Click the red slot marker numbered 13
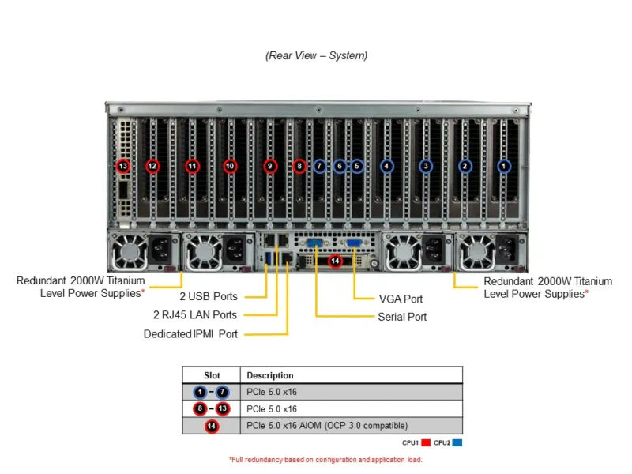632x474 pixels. pyautogui.click(x=122, y=166)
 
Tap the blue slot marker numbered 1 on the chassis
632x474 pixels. pyautogui.click(x=504, y=166)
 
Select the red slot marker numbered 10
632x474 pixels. pyautogui.click(x=230, y=166)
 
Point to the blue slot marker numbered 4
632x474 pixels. pyautogui.click(x=386, y=166)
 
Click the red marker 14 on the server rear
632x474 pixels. pyautogui.click(x=335, y=261)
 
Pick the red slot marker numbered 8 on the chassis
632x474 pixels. pyautogui.click(x=299, y=166)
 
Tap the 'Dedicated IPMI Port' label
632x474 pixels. pyautogui.click(x=190, y=334)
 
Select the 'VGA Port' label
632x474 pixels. pyautogui.click(x=401, y=299)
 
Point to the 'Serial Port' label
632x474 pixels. pyautogui.click(x=402, y=317)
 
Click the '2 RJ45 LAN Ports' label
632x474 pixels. pyautogui.click(x=195, y=315)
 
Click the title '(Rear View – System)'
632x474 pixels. pyautogui.click(x=316, y=55)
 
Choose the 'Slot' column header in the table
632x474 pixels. pyautogui.click(x=212, y=375)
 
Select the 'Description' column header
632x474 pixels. pyautogui.click(x=270, y=375)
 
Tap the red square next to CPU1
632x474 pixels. pyautogui.click(x=425, y=443)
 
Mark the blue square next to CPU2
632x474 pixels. pyautogui.click(x=457, y=443)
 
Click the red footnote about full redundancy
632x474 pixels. pyautogui.click(x=325, y=459)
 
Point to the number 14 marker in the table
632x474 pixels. pyautogui.click(x=212, y=426)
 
